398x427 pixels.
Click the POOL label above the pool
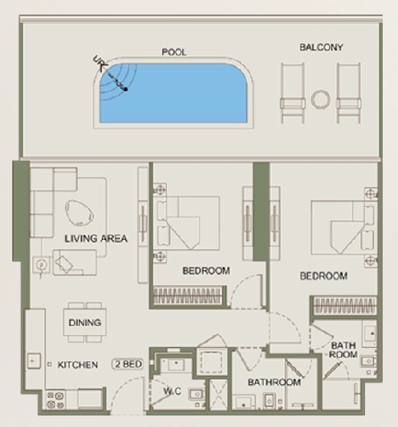coord(174,52)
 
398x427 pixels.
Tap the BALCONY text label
coord(321,48)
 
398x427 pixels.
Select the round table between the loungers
coord(321,100)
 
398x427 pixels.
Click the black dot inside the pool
coord(126,89)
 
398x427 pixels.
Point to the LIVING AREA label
coord(96,238)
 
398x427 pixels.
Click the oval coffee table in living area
coord(80,213)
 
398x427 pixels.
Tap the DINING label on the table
coord(85,323)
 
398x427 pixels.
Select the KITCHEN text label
coord(77,365)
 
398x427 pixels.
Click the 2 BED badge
coord(128,364)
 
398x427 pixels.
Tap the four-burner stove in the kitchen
coord(55,399)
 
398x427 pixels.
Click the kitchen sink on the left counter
coord(34,361)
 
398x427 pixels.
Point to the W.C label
coord(172,391)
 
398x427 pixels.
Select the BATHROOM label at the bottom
coord(274,383)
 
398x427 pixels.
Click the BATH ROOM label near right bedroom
coord(343,350)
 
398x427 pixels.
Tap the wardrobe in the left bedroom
coord(187,296)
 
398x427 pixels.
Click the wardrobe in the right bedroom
coord(345,306)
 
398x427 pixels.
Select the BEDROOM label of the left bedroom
coord(207,271)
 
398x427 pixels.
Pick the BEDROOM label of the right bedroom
coord(324,276)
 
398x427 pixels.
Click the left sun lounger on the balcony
coord(292,93)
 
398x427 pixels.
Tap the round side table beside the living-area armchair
coord(41,264)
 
